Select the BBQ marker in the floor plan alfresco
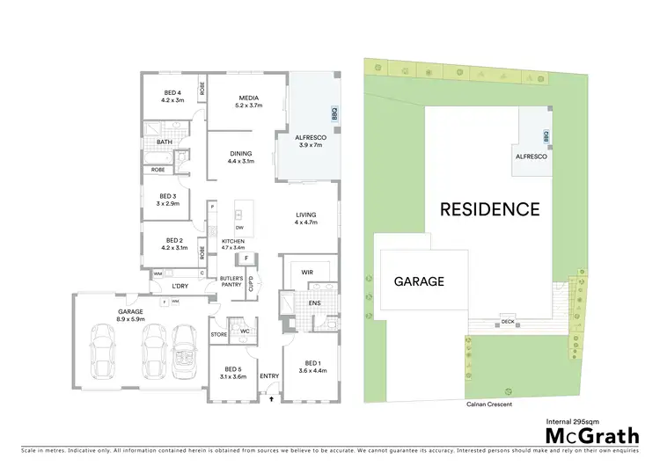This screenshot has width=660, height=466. (334, 114)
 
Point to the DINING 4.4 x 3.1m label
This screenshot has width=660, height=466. (240, 157)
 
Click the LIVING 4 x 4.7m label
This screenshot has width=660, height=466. (305, 219)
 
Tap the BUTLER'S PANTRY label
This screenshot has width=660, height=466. (231, 281)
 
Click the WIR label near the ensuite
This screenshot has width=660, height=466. (307, 273)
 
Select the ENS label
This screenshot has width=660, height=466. (314, 303)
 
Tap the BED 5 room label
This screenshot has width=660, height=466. (232, 372)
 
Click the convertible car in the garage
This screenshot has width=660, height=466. (186, 349)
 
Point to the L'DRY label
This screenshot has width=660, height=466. (180, 287)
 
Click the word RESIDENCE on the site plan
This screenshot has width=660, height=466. (489, 209)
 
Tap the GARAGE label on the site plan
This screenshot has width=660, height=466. (419, 282)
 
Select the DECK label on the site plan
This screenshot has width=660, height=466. (507, 322)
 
